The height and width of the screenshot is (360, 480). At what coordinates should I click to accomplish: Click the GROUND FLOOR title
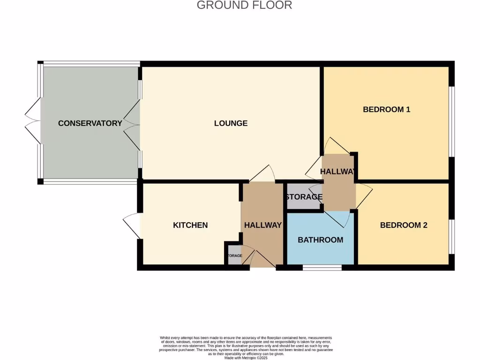[x=244, y=5]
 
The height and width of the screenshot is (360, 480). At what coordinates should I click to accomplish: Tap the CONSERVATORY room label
[x=90, y=123]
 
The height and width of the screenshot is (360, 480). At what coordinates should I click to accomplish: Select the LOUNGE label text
[x=231, y=123]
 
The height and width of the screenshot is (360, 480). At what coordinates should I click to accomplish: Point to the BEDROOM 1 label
[x=387, y=110]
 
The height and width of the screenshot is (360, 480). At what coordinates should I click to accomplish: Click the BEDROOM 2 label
[x=404, y=225]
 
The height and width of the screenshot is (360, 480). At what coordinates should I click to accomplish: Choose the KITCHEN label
[x=190, y=225]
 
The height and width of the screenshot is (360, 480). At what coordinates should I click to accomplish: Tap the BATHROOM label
[x=321, y=240]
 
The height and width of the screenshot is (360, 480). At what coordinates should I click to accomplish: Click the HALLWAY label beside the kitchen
[x=263, y=225]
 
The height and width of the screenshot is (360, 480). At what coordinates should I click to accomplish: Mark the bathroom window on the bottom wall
[x=322, y=268]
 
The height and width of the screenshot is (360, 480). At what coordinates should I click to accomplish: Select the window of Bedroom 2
[x=451, y=236]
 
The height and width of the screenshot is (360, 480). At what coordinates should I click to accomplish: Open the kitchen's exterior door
[x=132, y=225]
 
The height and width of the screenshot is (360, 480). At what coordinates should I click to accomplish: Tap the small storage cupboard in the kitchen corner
[x=233, y=256]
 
